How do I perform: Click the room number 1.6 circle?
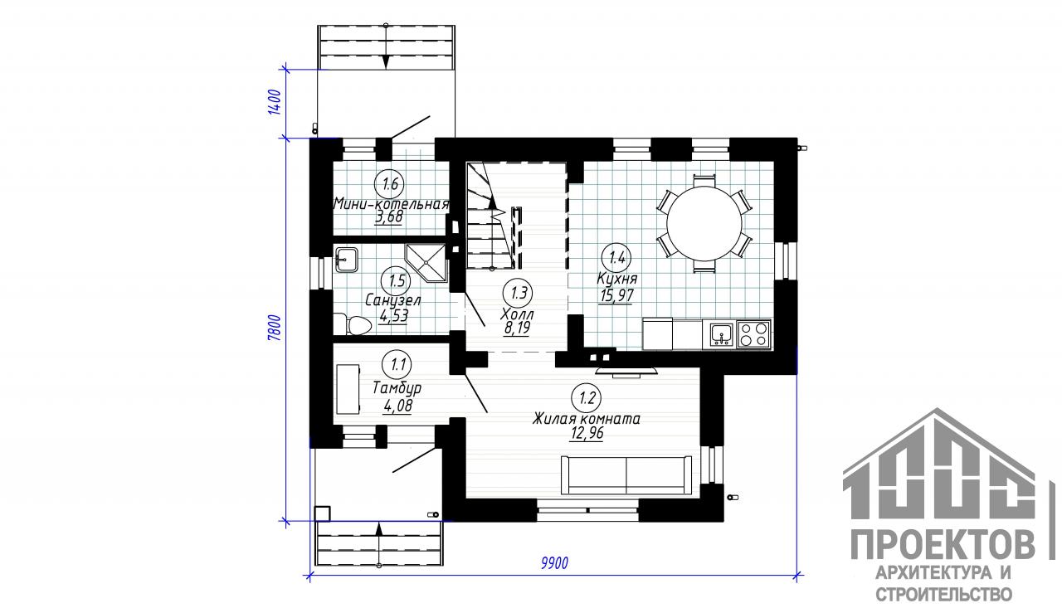(x=390, y=183)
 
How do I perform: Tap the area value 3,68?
(x=389, y=217)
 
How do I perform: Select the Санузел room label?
(x=393, y=300)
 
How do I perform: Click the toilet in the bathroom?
(x=353, y=324)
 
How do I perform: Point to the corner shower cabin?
(x=427, y=263)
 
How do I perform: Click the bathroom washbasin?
(x=346, y=260)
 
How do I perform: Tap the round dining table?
(x=704, y=223)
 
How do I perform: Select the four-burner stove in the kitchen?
(x=753, y=334)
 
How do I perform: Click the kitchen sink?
(x=721, y=334)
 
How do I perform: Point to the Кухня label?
(x=617, y=278)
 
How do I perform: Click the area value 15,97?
(x=616, y=296)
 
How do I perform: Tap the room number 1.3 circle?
(x=519, y=293)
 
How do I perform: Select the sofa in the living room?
(x=626, y=475)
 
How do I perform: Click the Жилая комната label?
(x=586, y=419)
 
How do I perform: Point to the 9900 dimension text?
(x=554, y=563)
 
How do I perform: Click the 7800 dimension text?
(x=275, y=328)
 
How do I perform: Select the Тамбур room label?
(x=397, y=388)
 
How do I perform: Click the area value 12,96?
(x=587, y=434)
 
